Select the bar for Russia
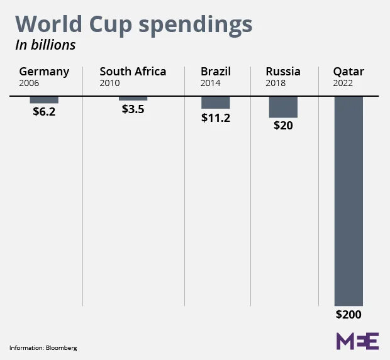(x=283, y=107)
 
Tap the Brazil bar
(x=215, y=102)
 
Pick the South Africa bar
(x=133, y=99)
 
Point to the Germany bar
(x=44, y=100)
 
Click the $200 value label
(x=348, y=315)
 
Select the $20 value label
(x=283, y=125)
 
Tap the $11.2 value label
(x=215, y=116)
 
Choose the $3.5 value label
(x=133, y=108)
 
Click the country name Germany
(x=44, y=71)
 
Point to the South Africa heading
(x=133, y=71)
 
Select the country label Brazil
(x=216, y=71)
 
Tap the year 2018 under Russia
(x=276, y=82)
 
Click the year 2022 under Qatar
(x=343, y=82)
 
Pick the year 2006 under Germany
(x=29, y=82)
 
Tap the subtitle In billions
(x=45, y=45)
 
